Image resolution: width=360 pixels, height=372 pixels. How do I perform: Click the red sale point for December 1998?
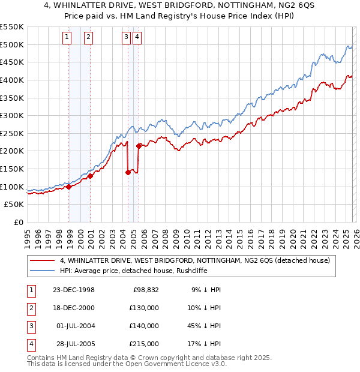(69, 187)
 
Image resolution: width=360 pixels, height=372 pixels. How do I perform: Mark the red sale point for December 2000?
(90, 176)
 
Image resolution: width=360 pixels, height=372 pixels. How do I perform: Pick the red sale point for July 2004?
(128, 172)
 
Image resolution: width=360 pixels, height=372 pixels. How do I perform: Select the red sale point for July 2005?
(139, 146)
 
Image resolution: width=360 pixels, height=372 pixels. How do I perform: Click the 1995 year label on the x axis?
(28, 234)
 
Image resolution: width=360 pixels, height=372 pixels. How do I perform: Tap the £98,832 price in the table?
(145, 290)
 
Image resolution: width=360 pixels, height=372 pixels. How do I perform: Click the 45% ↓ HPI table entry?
(206, 326)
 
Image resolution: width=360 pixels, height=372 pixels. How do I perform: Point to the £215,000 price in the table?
(143, 344)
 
